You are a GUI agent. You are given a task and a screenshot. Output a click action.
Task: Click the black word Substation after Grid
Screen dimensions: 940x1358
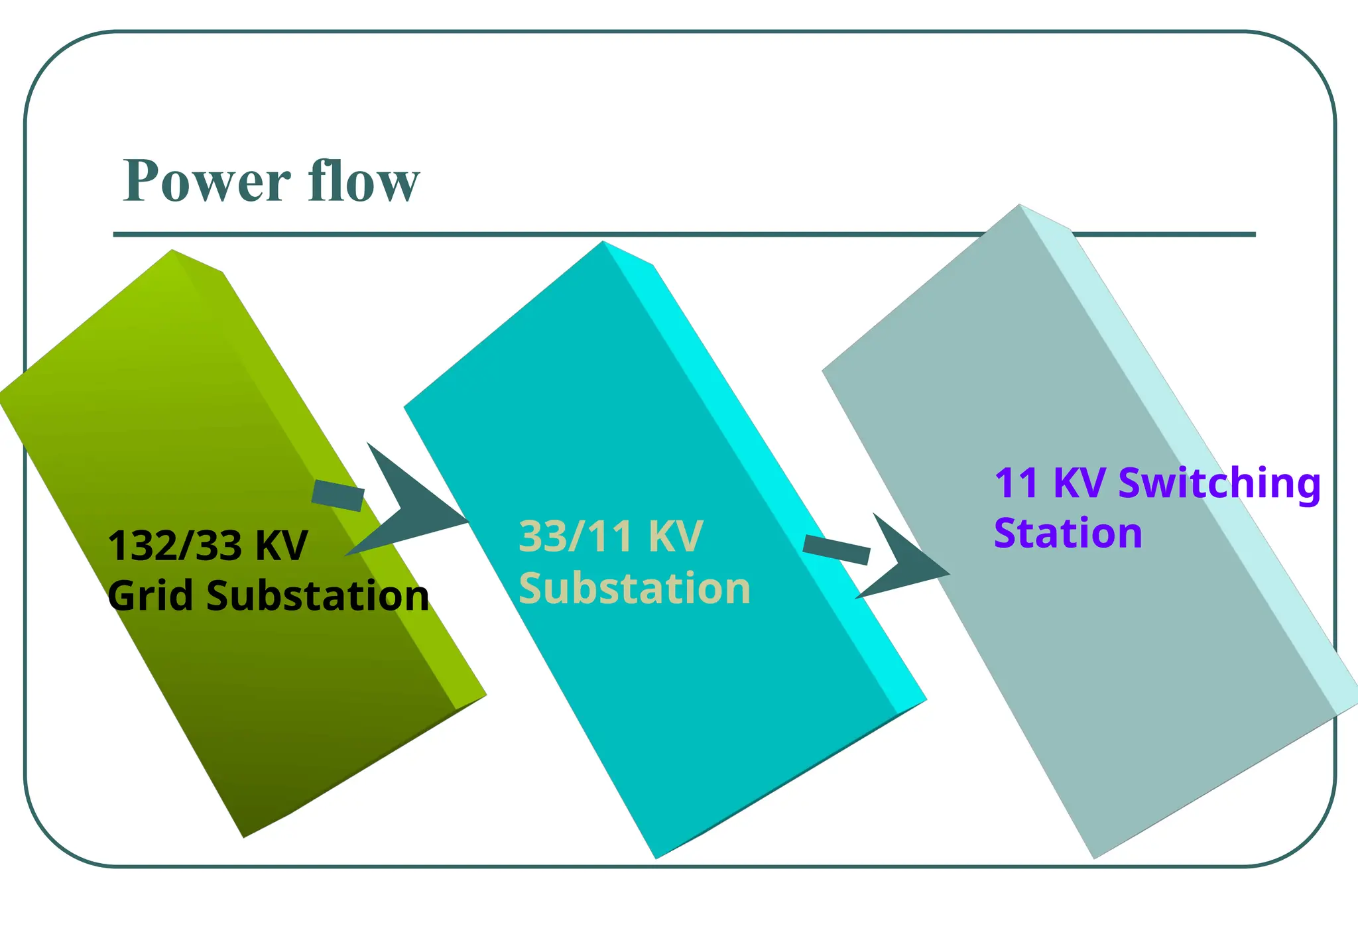coord(318,595)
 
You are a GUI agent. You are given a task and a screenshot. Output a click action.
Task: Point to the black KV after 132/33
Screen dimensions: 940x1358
coord(281,546)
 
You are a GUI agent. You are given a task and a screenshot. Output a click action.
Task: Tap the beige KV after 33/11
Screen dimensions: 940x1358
coord(675,536)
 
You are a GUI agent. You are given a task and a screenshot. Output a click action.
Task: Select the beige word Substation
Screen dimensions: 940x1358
coord(634,588)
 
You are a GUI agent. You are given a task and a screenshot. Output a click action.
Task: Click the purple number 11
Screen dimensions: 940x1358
coord(1016,483)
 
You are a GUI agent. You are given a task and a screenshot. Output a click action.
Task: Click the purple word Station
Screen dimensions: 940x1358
coord(1068,534)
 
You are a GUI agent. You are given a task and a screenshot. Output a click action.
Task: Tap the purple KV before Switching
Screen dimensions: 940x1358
coord(1079,483)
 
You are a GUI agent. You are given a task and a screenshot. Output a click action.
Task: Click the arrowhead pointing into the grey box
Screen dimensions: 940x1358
coord(905,560)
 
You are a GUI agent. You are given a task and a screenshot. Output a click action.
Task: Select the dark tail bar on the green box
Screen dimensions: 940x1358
coord(338,495)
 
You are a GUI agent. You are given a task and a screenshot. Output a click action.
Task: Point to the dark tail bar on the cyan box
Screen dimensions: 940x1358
coord(836,550)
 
